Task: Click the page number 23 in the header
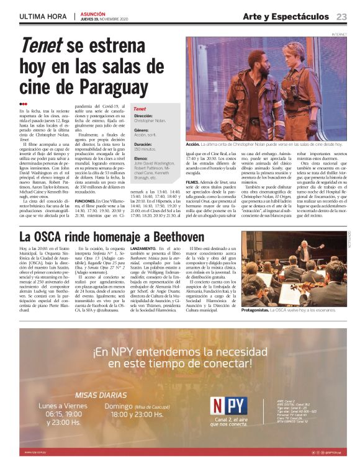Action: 341,16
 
